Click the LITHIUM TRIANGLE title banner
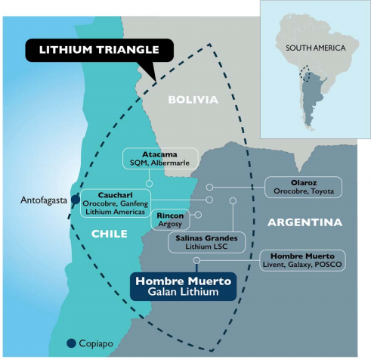(x=100, y=50)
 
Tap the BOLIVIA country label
(x=193, y=100)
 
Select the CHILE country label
(x=110, y=234)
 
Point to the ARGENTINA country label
(x=305, y=222)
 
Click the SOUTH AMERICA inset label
(x=316, y=48)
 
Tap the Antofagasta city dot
(x=76, y=200)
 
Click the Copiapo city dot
(x=71, y=343)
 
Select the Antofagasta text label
(x=44, y=200)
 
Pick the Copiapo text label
(x=96, y=343)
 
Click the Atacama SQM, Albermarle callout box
(x=160, y=158)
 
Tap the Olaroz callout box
(x=304, y=187)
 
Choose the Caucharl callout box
(x=116, y=203)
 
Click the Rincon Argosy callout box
(x=170, y=219)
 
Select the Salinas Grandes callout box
(x=206, y=242)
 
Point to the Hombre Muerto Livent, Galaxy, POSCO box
(x=302, y=260)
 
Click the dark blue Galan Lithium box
(x=183, y=287)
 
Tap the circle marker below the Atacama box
(x=149, y=184)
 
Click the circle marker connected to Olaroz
(x=209, y=188)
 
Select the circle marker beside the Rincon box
(x=198, y=215)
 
